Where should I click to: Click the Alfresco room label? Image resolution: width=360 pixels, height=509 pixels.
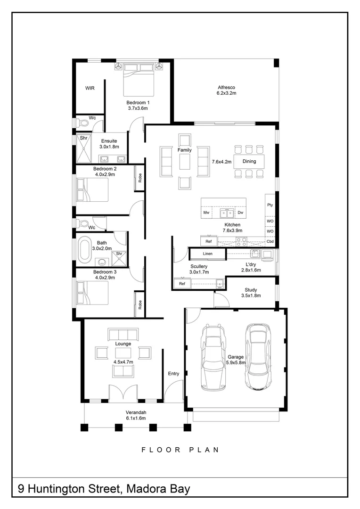pos(226,87)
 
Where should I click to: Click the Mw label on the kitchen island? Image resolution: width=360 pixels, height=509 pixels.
pos(206,213)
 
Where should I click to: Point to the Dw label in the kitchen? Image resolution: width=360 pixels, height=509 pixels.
pos(240,213)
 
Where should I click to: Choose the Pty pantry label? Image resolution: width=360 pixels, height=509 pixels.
pos(270,205)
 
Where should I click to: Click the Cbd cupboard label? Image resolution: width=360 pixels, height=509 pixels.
pos(270,241)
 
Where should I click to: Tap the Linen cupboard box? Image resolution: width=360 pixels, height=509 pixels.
pos(207,254)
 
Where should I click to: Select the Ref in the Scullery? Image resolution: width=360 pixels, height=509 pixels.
pos(182,284)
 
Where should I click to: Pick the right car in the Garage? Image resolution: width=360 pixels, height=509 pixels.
pos(258,357)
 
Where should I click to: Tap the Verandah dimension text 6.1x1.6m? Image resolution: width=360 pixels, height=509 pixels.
pos(136,418)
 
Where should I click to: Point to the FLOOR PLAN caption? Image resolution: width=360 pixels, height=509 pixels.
pos(180,450)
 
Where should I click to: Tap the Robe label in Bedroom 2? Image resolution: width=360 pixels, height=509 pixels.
pos(139,178)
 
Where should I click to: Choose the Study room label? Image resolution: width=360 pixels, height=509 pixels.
pos(251,290)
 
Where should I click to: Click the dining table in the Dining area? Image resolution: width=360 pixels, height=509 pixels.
pos(249,161)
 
